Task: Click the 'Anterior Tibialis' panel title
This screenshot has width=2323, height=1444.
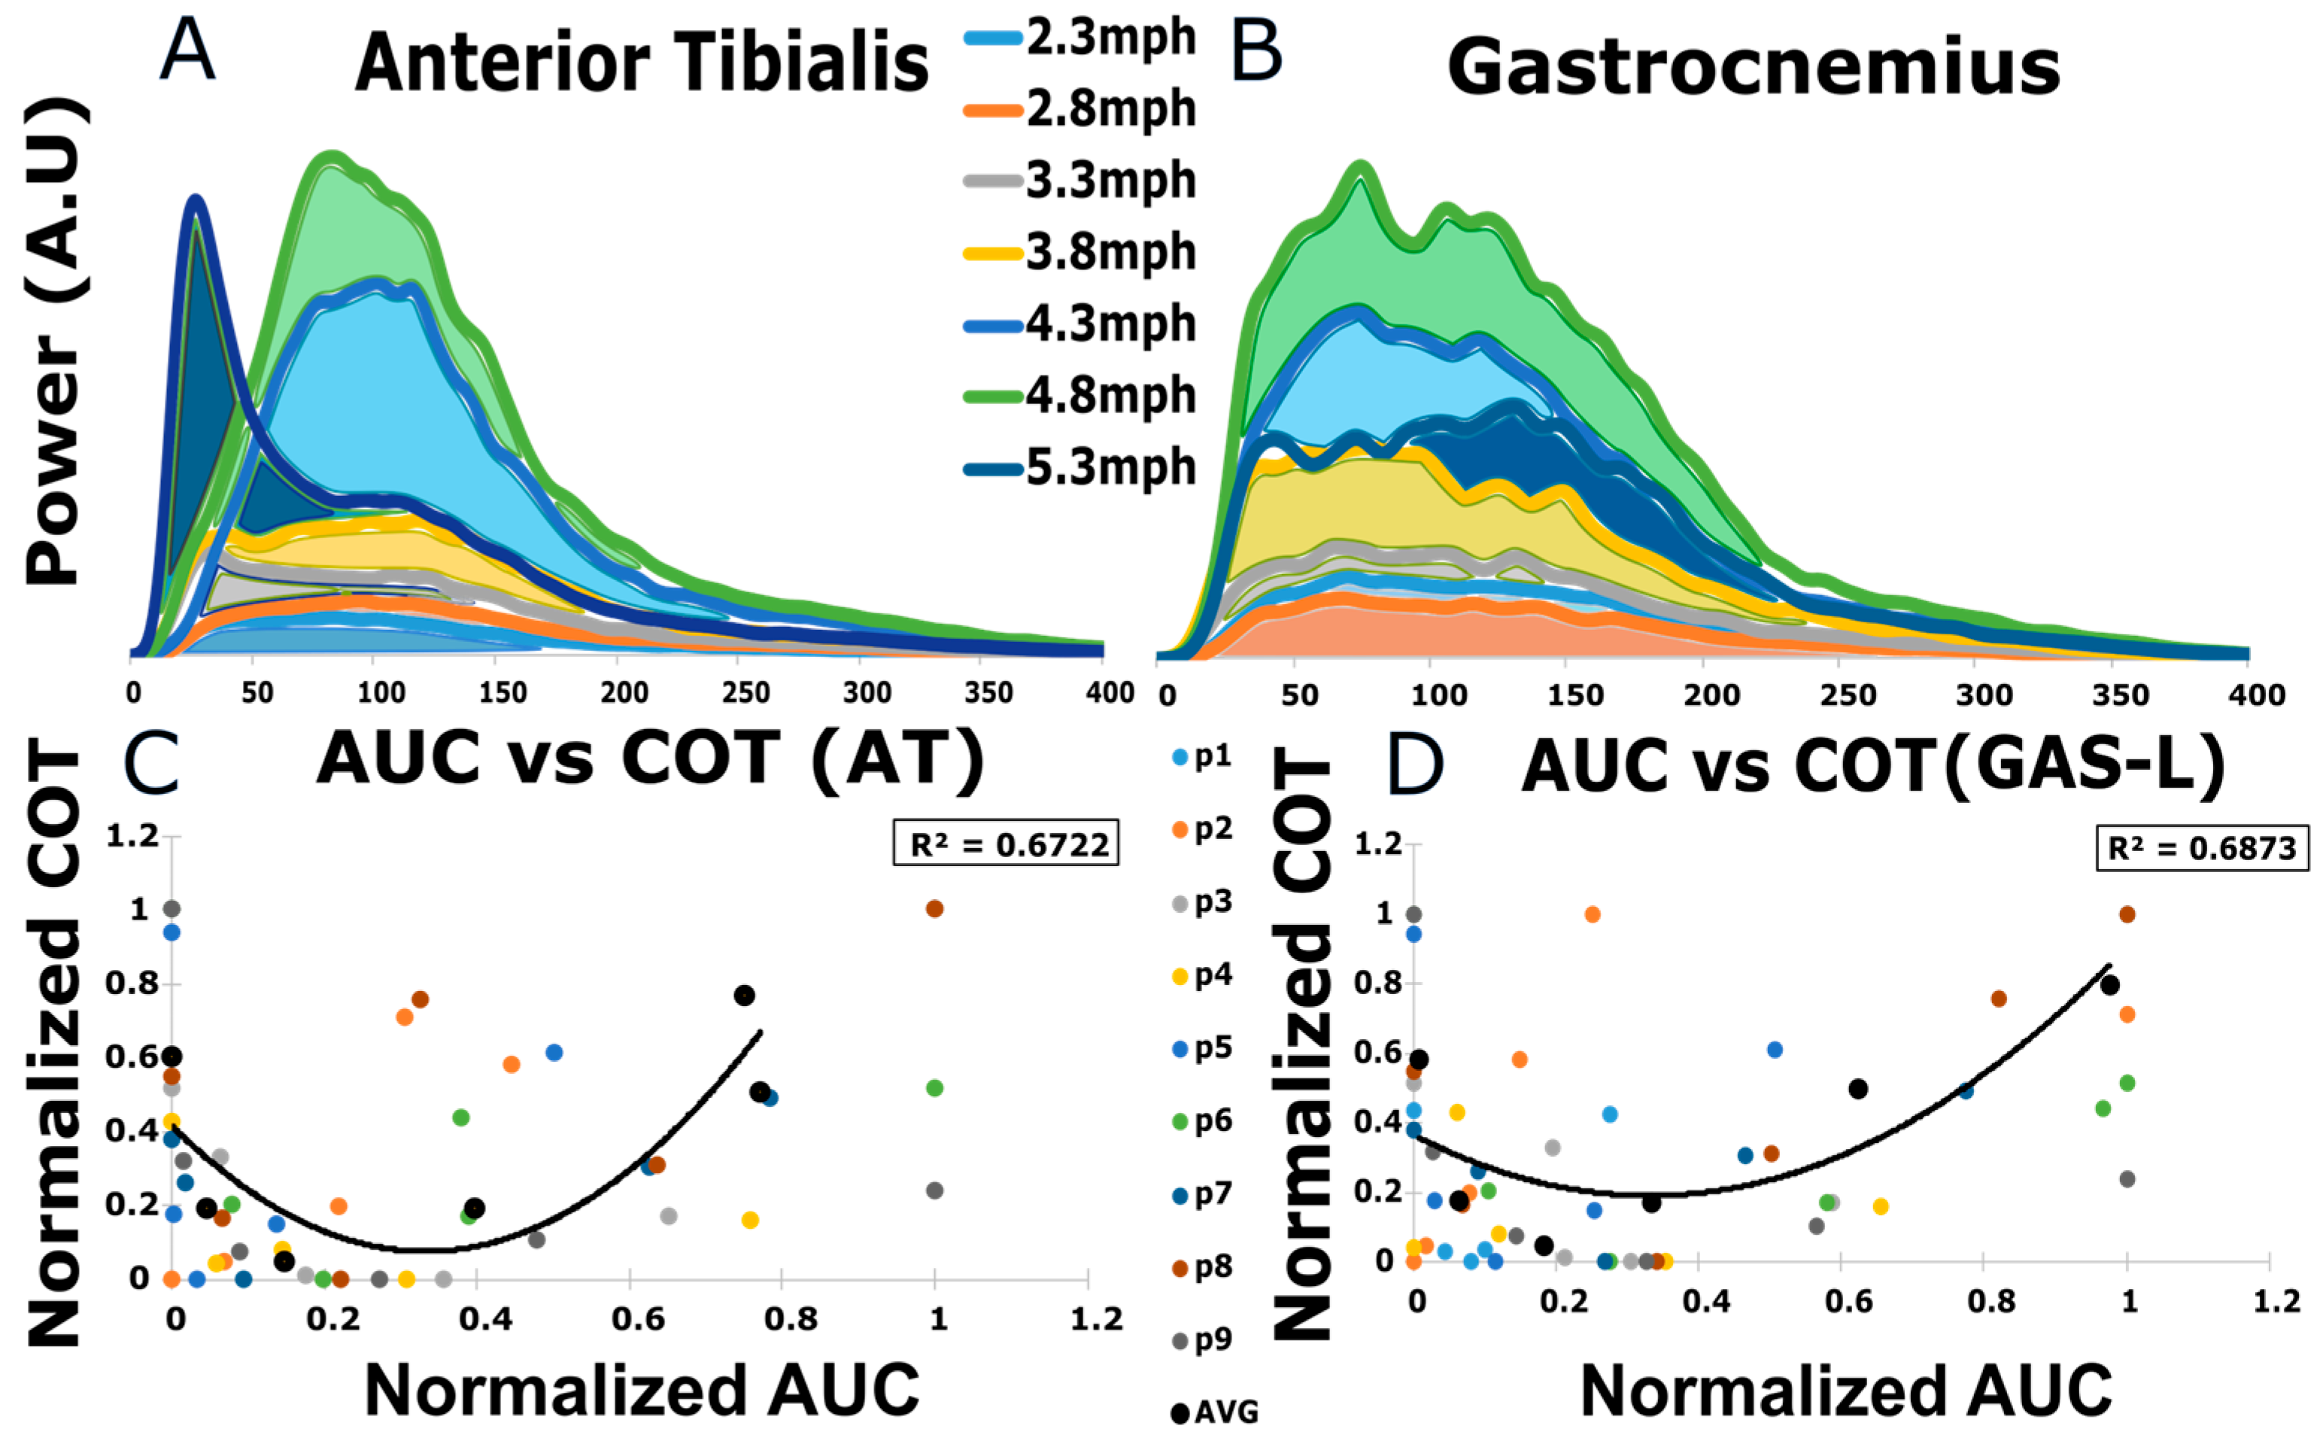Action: (x=642, y=62)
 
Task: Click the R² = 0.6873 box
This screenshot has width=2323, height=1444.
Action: (x=2201, y=848)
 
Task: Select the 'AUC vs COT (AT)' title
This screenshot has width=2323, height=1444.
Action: (x=649, y=759)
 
